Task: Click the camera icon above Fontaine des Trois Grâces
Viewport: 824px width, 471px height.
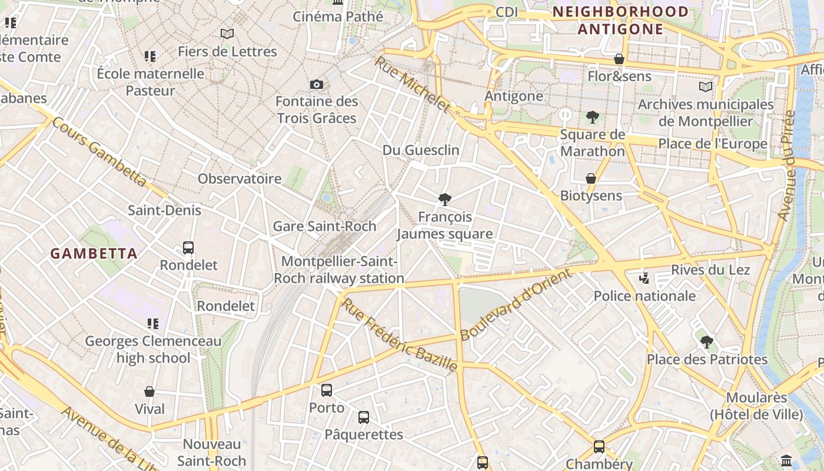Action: (317, 84)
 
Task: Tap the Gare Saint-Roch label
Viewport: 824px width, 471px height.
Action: (324, 226)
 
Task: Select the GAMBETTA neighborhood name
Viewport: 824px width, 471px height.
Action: (94, 254)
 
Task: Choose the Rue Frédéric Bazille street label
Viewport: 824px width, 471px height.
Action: (400, 335)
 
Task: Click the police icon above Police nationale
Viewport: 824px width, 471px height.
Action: (644, 278)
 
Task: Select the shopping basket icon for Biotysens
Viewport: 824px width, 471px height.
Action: (591, 178)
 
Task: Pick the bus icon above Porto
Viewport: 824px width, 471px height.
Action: (327, 390)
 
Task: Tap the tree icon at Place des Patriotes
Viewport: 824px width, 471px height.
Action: (707, 341)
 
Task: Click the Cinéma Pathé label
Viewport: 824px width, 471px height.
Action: (334, 16)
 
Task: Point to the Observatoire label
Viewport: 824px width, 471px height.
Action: (240, 178)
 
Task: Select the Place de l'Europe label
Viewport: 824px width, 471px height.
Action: (713, 144)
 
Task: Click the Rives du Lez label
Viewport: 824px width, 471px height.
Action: (710, 270)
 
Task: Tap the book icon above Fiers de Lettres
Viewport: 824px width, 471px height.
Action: (227, 34)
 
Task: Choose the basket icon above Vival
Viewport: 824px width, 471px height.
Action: (149, 392)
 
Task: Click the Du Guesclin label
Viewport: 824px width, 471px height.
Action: (421, 150)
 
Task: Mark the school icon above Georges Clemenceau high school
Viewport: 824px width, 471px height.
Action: (153, 323)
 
